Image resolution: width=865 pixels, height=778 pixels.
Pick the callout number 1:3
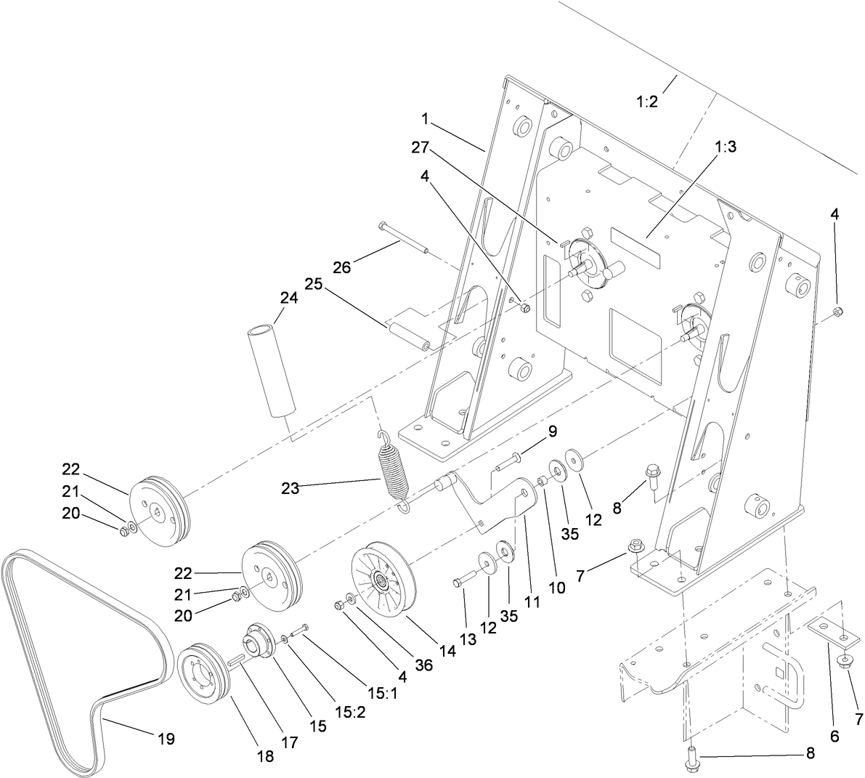726,147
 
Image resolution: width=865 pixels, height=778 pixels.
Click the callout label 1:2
646,102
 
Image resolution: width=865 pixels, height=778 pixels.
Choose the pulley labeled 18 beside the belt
204,672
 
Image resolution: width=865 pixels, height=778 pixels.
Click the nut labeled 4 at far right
837,312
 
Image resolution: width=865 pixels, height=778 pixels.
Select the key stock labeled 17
237,661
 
